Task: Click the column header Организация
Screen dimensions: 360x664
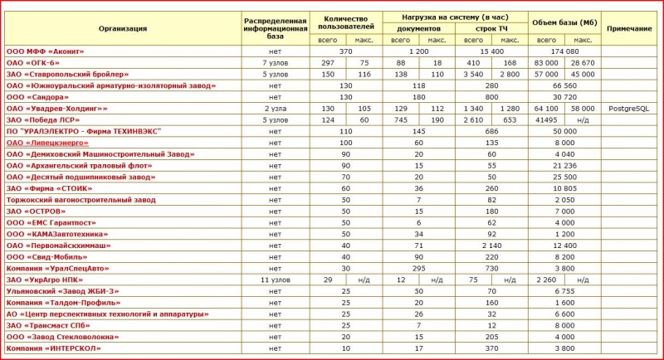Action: tap(123, 28)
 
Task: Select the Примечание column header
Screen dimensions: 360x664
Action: tap(629, 28)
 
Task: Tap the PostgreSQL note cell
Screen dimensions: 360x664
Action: tap(629, 109)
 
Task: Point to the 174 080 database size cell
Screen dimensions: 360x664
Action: tap(564, 51)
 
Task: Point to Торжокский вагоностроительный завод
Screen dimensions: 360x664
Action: tap(81, 200)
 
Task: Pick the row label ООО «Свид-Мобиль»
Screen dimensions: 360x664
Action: tap(50, 257)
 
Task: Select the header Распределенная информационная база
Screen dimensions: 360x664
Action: tap(276, 28)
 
